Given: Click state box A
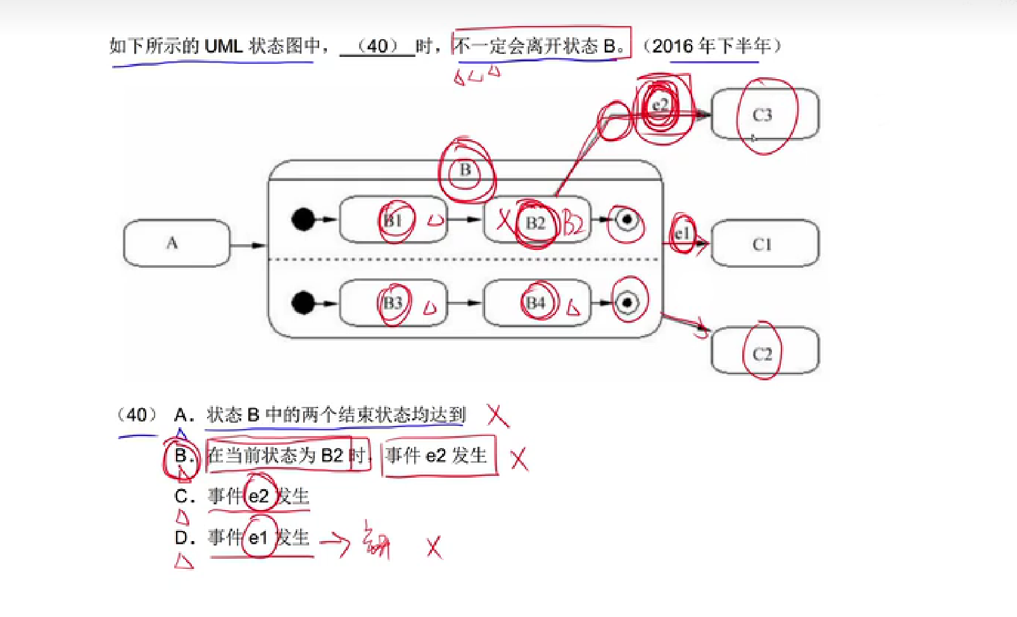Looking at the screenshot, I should (x=175, y=243).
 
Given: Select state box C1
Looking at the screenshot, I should (x=764, y=244).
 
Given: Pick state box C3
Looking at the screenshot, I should (x=764, y=115).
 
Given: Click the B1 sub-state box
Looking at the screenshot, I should (x=393, y=220).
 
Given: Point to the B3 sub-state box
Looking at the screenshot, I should (x=393, y=302).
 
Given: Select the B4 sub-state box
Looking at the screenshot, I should (x=536, y=302).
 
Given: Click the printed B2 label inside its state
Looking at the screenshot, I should (x=536, y=223).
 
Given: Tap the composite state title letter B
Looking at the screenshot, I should (x=465, y=170).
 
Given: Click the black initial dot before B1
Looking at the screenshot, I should (x=303, y=220).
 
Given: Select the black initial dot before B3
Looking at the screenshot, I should (x=303, y=302).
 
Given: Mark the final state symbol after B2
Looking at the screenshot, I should (x=627, y=220).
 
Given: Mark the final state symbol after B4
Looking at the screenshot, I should (x=627, y=302).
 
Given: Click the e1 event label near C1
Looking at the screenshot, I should (x=681, y=234).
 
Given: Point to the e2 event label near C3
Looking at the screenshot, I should (x=660, y=104).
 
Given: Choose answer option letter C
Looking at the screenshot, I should (x=182, y=496).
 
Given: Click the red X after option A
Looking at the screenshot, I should (x=498, y=416).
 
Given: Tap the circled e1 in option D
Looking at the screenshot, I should (x=258, y=538).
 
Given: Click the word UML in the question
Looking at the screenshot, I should (x=224, y=46).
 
